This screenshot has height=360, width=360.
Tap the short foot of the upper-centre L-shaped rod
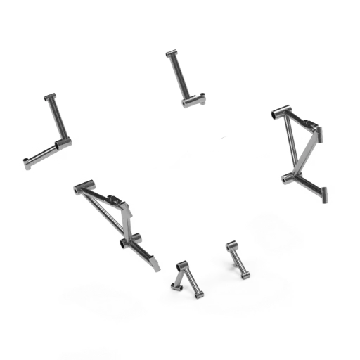pyautogui.click(x=195, y=101)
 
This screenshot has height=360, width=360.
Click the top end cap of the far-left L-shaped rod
pyautogui.click(x=49, y=96)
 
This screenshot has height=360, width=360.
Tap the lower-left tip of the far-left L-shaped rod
pyautogui.click(x=30, y=163)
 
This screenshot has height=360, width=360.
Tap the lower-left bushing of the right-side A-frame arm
pyautogui.click(x=286, y=179)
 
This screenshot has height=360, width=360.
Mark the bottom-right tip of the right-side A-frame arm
pyautogui.click(x=326, y=198)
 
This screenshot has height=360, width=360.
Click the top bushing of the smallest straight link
pyautogui.click(x=230, y=245)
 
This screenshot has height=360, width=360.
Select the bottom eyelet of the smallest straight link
pyautogui.click(x=245, y=275)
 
